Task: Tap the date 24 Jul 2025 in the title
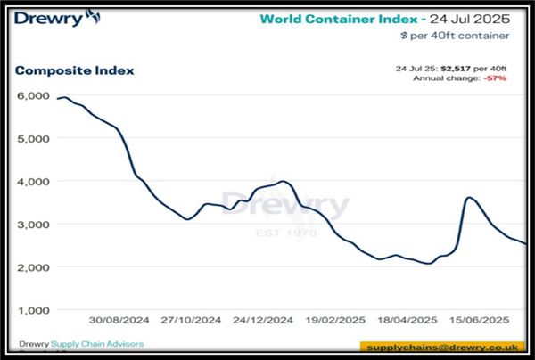pos(473,18)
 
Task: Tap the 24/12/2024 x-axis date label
pos(262,320)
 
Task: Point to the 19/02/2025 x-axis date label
pos(335,320)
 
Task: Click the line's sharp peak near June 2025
pos(469,198)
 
